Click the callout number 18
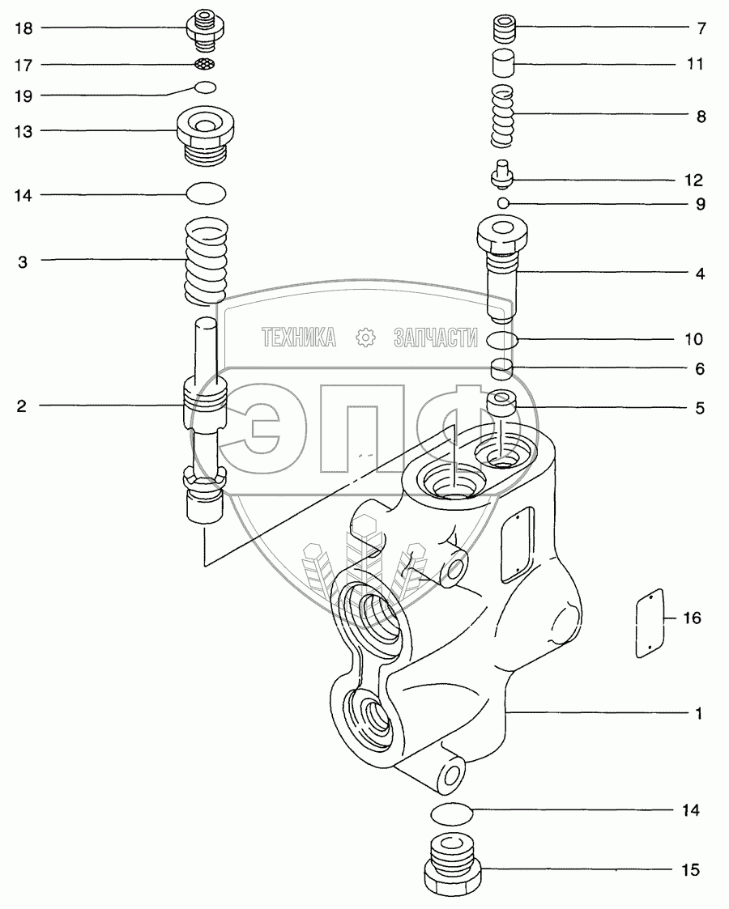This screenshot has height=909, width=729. tap(23, 28)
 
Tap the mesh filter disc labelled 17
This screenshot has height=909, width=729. tap(205, 63)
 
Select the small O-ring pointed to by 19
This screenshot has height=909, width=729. tap(205, 87)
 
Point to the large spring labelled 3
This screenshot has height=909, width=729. tap(205, 261)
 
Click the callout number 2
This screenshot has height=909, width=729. tap(21, 406)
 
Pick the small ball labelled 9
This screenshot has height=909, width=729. tap(503, 202)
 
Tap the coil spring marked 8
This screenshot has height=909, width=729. tap(502, 116)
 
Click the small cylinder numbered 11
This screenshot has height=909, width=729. tap(503, 63)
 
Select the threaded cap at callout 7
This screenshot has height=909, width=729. tap(503, 28)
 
